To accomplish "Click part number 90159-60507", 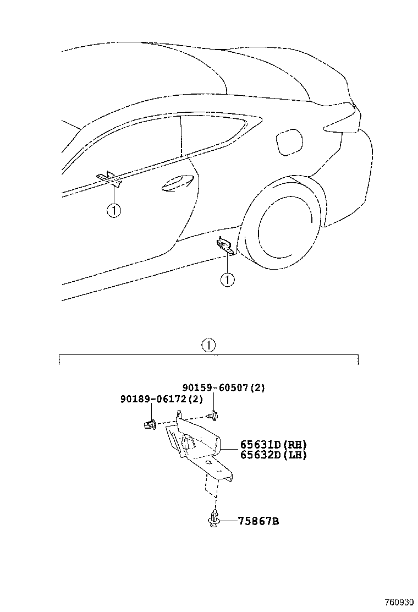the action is click(x=215, y=387).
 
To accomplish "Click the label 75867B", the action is click(x=258, y=521).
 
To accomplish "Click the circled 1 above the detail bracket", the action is click(x=208, y=346).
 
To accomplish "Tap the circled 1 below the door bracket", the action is click(x=113, y=210).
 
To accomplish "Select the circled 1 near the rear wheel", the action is click(x=227, y=280).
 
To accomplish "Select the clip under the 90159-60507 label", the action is click(x=213, y=415).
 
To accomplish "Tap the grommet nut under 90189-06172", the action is click(x=150, y=423).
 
